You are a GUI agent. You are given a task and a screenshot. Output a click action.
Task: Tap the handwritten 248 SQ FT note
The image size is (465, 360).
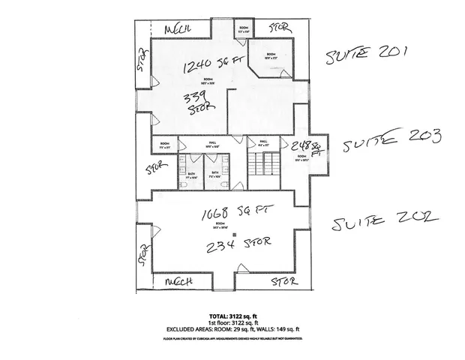point(307,148)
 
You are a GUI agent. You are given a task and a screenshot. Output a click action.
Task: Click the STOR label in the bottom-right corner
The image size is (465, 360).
point(283,281)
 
